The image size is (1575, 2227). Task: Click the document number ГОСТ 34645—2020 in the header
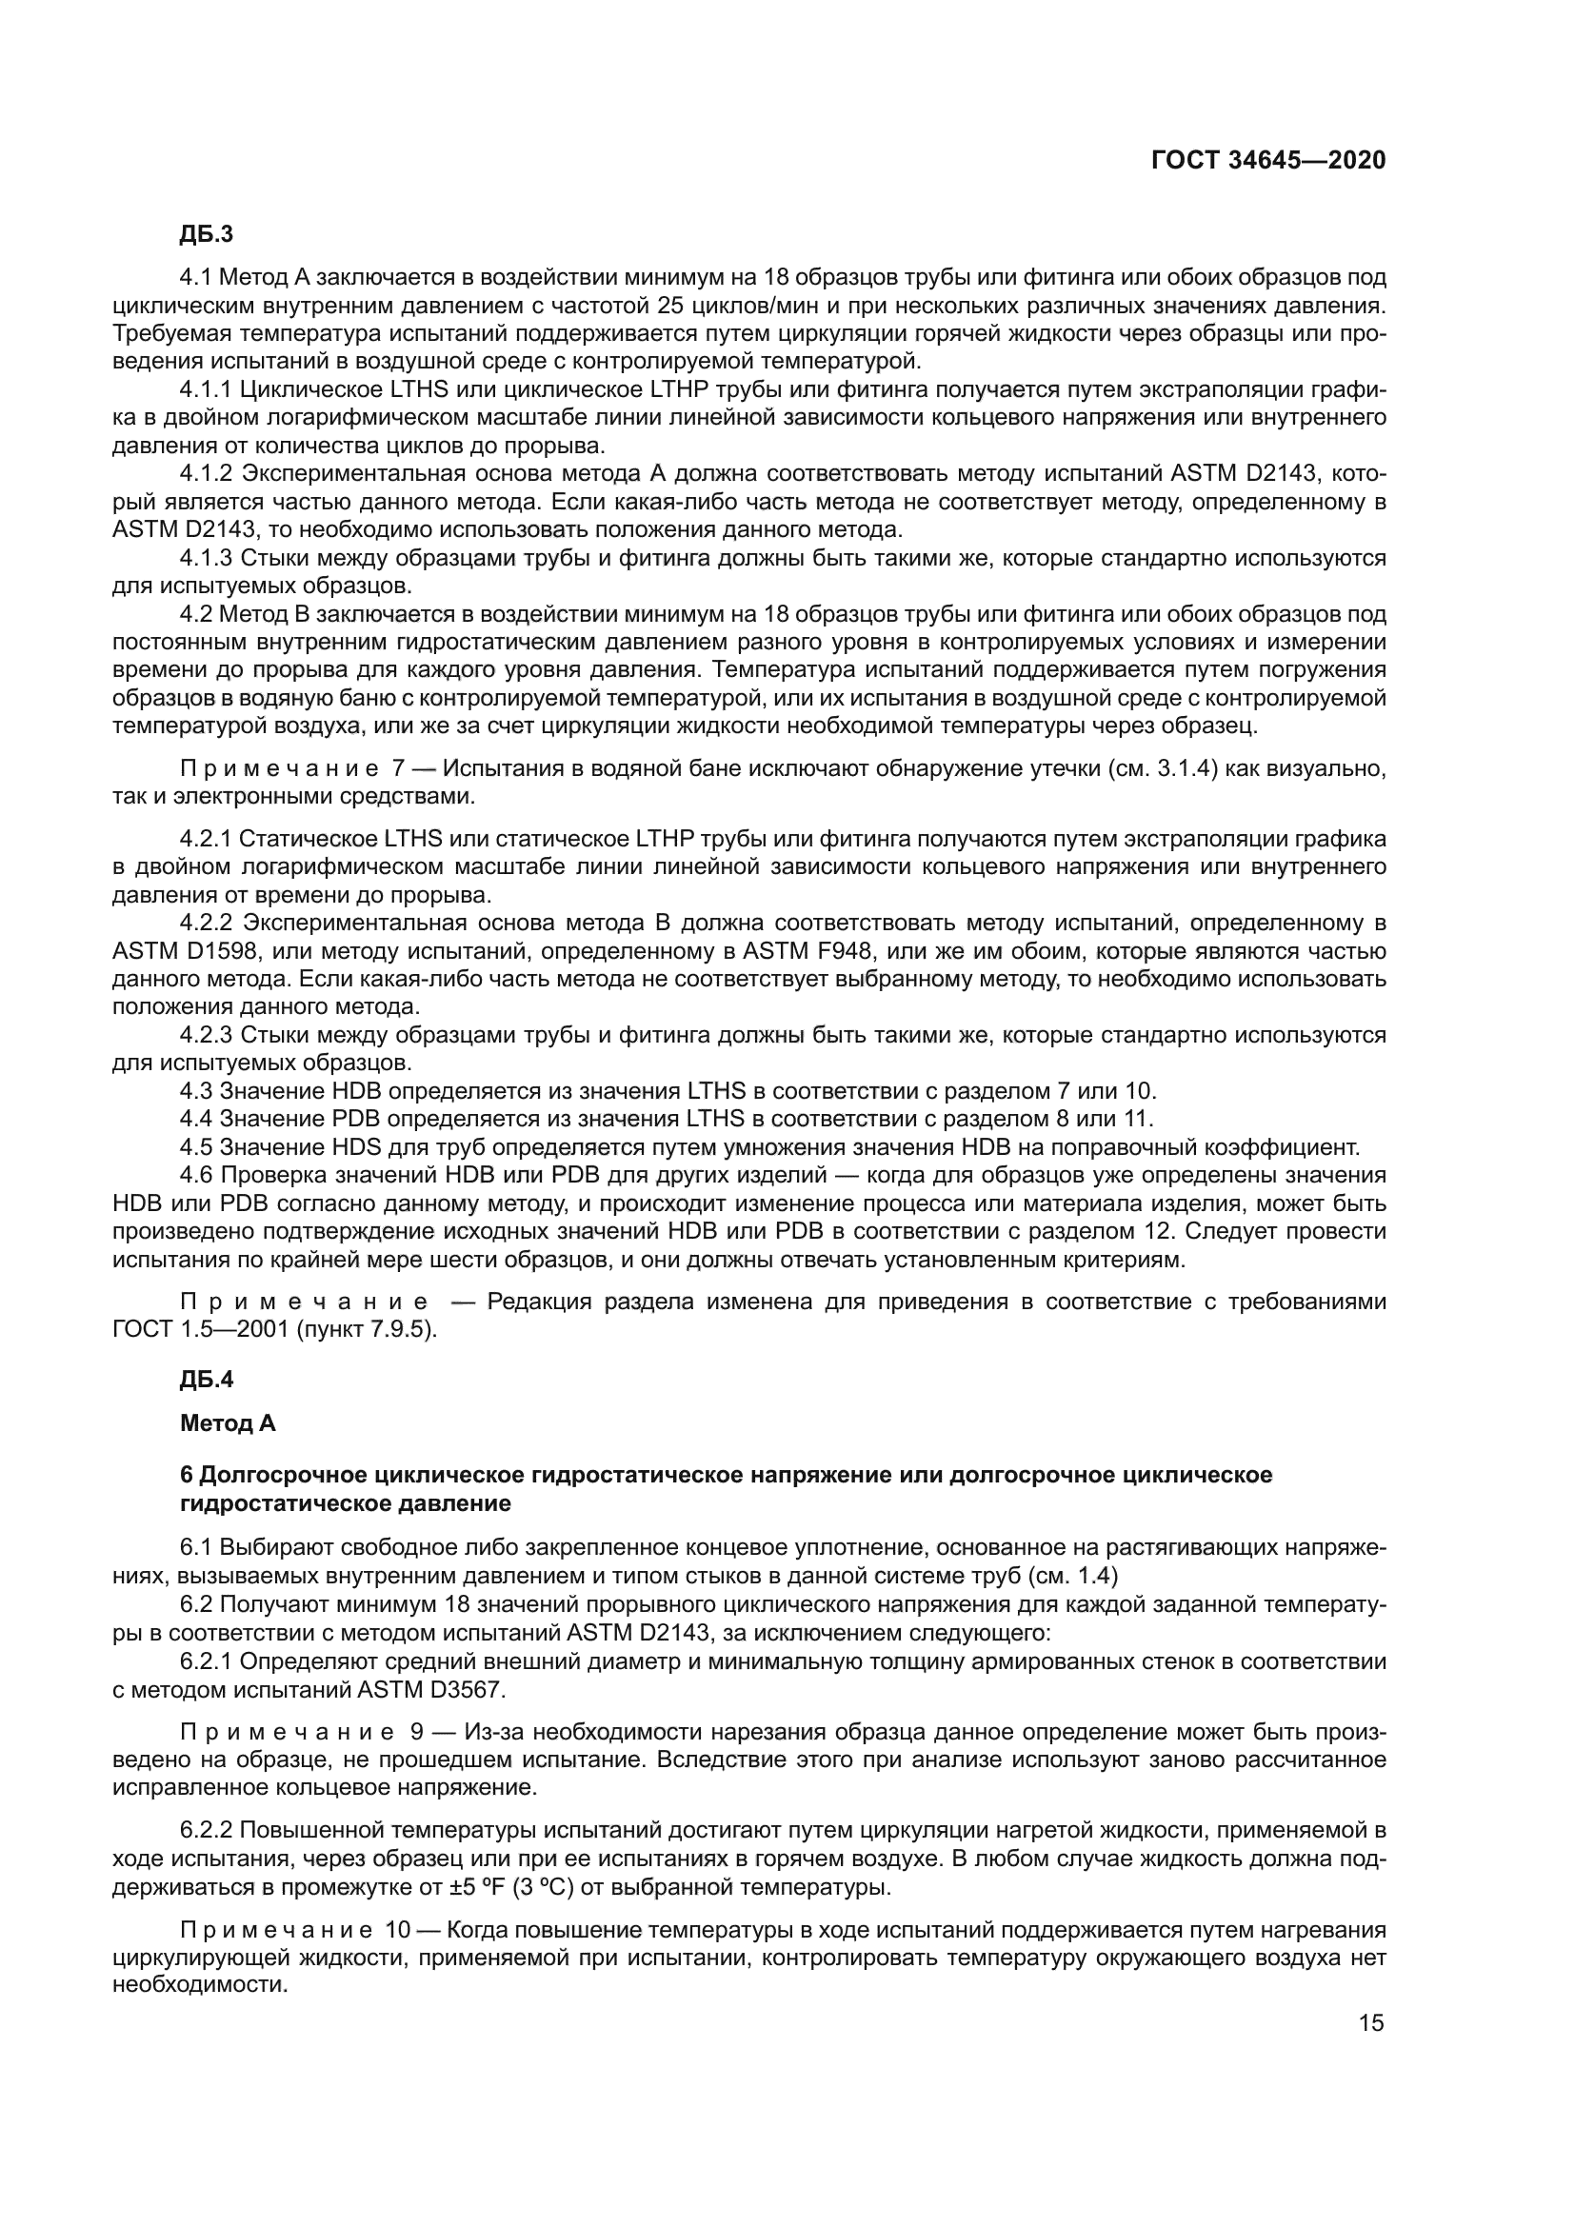(x=1267, y=161)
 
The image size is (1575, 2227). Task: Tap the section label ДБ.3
(x=207, y=235)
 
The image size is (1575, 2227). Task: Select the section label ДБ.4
(x=207, y=1380)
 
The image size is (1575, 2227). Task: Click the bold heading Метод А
(x=228, y=1422)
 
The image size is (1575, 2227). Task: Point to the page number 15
(x=1371, y=2023)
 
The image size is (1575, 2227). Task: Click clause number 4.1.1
(x=206, y=391)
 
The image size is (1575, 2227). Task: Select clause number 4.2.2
(x=207, y=924)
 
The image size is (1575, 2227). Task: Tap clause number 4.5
(x=196, y=1147)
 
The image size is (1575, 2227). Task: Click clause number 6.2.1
(x=207, y=1661)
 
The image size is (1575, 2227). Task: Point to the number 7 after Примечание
(x=398, y=769)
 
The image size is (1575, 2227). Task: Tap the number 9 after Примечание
(x=418, y=1732)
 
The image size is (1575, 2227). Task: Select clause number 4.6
(x=197, y=1176)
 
